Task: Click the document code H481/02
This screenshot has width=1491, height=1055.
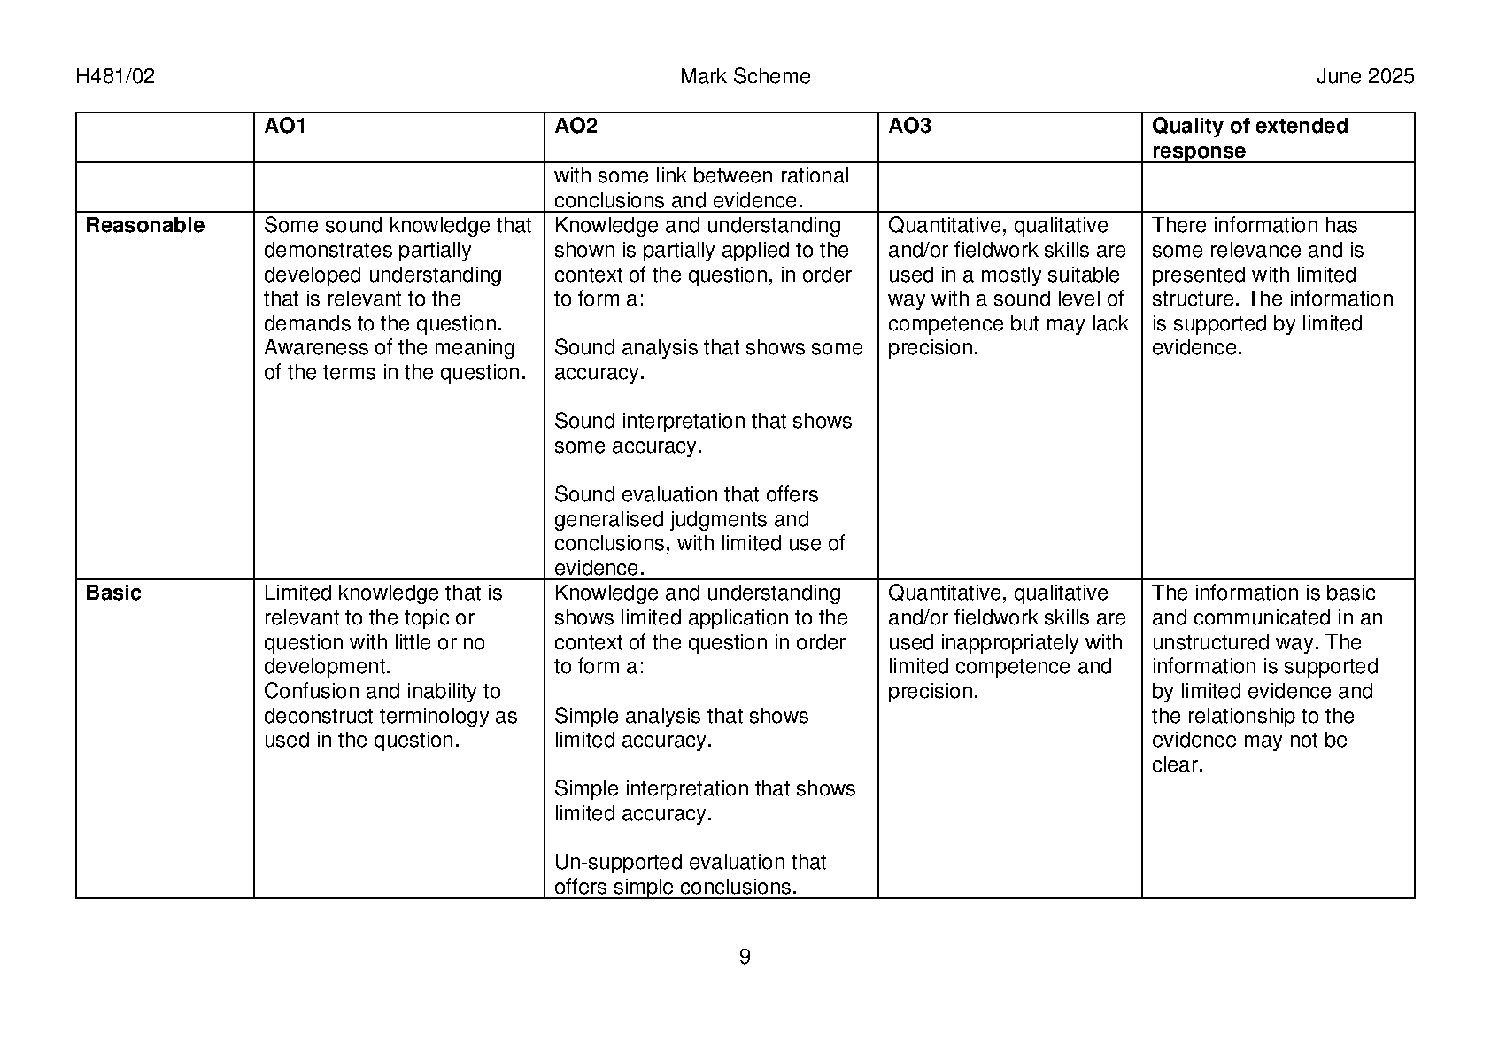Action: point(115,77)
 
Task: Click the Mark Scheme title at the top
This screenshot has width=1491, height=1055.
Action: point(745,77)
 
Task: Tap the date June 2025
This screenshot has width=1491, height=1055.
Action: point(1364,77)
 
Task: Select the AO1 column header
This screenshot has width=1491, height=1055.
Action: point(284,127)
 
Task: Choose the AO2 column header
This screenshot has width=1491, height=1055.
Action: point(576,127)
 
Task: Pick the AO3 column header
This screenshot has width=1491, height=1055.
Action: point(909,127)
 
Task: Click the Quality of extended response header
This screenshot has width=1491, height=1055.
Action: point(1249,138)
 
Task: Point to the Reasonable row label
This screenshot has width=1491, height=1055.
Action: point(144,226)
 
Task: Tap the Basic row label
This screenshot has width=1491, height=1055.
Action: point(113,593)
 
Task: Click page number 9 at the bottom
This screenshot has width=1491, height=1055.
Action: point(745,957)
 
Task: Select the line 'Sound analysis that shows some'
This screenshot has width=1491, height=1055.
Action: point(708,348)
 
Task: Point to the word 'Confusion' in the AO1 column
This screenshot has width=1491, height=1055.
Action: point(306,692)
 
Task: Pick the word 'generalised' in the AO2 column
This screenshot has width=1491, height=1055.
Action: point(609,520)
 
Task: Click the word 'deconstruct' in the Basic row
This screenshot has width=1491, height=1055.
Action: point(316,717)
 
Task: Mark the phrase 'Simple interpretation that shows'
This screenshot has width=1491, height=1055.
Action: point(705,789)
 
